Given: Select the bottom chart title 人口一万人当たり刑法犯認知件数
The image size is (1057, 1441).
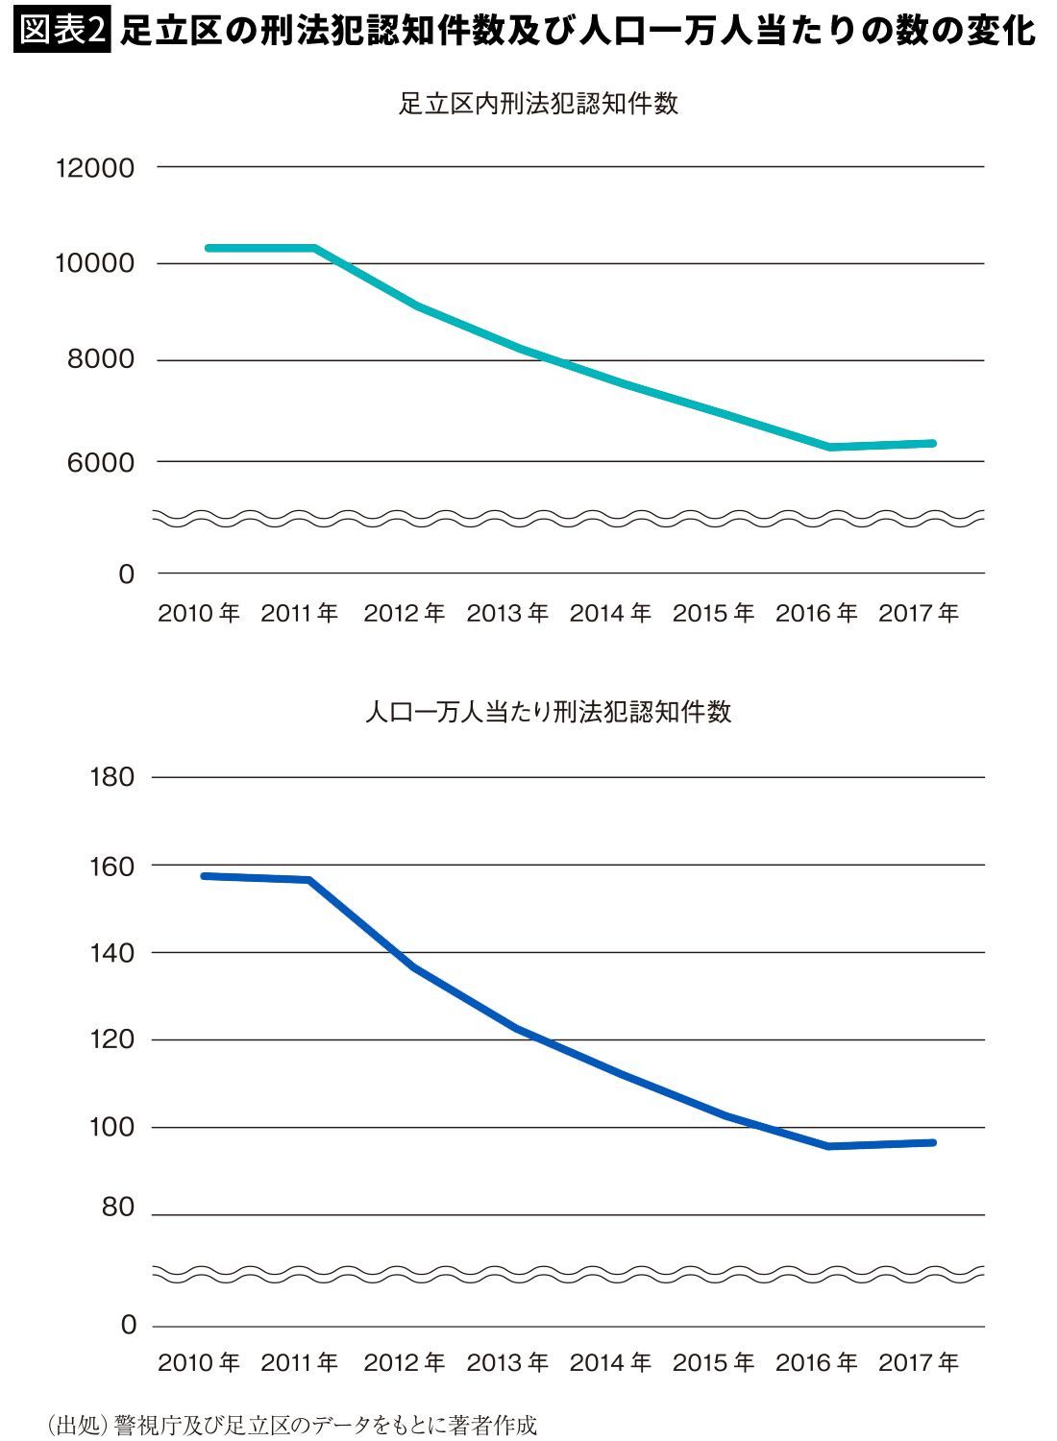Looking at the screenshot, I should pos(548,712).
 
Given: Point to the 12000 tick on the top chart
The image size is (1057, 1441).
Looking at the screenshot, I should pos(96,168).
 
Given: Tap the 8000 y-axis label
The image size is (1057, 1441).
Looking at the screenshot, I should pos(102,360).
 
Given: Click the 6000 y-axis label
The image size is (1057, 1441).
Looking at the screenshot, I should pos(102,462).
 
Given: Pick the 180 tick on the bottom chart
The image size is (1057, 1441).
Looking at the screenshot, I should pos(111,776).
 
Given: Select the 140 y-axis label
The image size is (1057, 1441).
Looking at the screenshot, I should pos(111,953).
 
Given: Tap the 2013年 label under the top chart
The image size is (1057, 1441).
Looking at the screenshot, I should pos(507,613).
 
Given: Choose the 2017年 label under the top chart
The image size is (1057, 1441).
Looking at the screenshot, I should pos(919,613).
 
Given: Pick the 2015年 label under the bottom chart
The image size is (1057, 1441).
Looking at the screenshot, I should pos(713,1362).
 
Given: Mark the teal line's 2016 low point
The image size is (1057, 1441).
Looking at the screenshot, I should pos(830,447).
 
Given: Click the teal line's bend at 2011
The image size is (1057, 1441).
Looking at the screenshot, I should pos(315,248).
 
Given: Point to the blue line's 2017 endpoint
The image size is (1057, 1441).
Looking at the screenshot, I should pos(932,1142).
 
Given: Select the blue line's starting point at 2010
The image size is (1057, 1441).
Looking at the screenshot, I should pos(205,876).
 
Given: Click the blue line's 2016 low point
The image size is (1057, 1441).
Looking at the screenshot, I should pos(828,1146).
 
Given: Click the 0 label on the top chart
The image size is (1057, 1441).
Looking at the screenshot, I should pos(126,574).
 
